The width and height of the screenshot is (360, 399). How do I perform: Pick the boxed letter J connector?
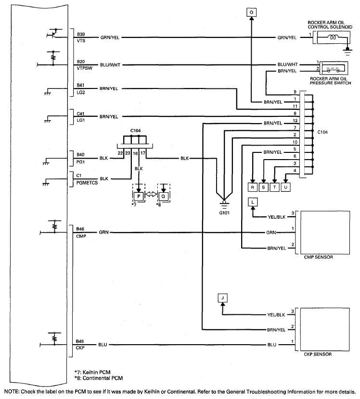(222, 298)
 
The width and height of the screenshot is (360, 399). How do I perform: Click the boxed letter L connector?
(253, 202)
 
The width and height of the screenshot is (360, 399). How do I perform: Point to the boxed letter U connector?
(285, 187)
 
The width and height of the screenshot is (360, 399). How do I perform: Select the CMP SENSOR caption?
(319, 257)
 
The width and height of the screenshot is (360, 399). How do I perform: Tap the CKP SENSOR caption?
(319, 354)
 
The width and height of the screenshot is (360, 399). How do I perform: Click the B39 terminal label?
(80, 34)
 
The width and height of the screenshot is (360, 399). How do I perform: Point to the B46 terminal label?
(80, 229)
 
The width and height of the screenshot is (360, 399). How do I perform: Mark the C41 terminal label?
(80, 113)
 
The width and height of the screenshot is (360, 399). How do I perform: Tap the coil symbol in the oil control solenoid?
(332, 37)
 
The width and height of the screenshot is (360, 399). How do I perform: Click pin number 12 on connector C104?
(295, 120)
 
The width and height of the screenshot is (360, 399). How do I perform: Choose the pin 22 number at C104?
(120, 152)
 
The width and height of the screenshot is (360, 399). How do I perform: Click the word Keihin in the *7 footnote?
(91, 372)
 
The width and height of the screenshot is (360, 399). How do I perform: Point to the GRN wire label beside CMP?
(103, 233)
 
